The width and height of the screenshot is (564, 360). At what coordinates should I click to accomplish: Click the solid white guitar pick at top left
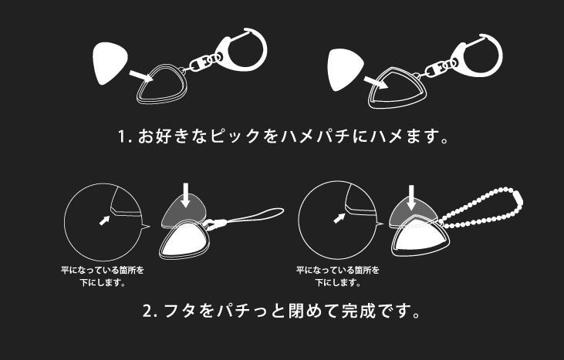tap(110, 62)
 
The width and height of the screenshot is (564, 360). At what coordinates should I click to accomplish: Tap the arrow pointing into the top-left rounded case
tap(142, 76)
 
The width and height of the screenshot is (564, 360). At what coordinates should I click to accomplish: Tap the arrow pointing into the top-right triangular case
tap(376, 82)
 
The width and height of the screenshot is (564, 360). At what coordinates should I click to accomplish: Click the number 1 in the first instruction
tap(123, 137)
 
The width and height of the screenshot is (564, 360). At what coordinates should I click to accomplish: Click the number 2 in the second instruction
tap(148, 311)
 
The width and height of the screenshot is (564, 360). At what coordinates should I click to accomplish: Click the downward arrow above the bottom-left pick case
tap(185, 195)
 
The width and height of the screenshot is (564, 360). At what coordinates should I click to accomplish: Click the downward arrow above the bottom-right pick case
tap(411, 197)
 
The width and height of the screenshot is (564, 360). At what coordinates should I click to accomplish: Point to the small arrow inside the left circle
tap(104, 220)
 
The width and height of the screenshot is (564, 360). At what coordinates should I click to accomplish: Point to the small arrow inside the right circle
tap(339, 218)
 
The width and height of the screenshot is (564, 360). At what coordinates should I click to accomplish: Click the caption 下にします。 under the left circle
tap(103, 283)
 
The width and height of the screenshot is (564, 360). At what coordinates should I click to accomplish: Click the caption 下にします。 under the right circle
tap(338, 283)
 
